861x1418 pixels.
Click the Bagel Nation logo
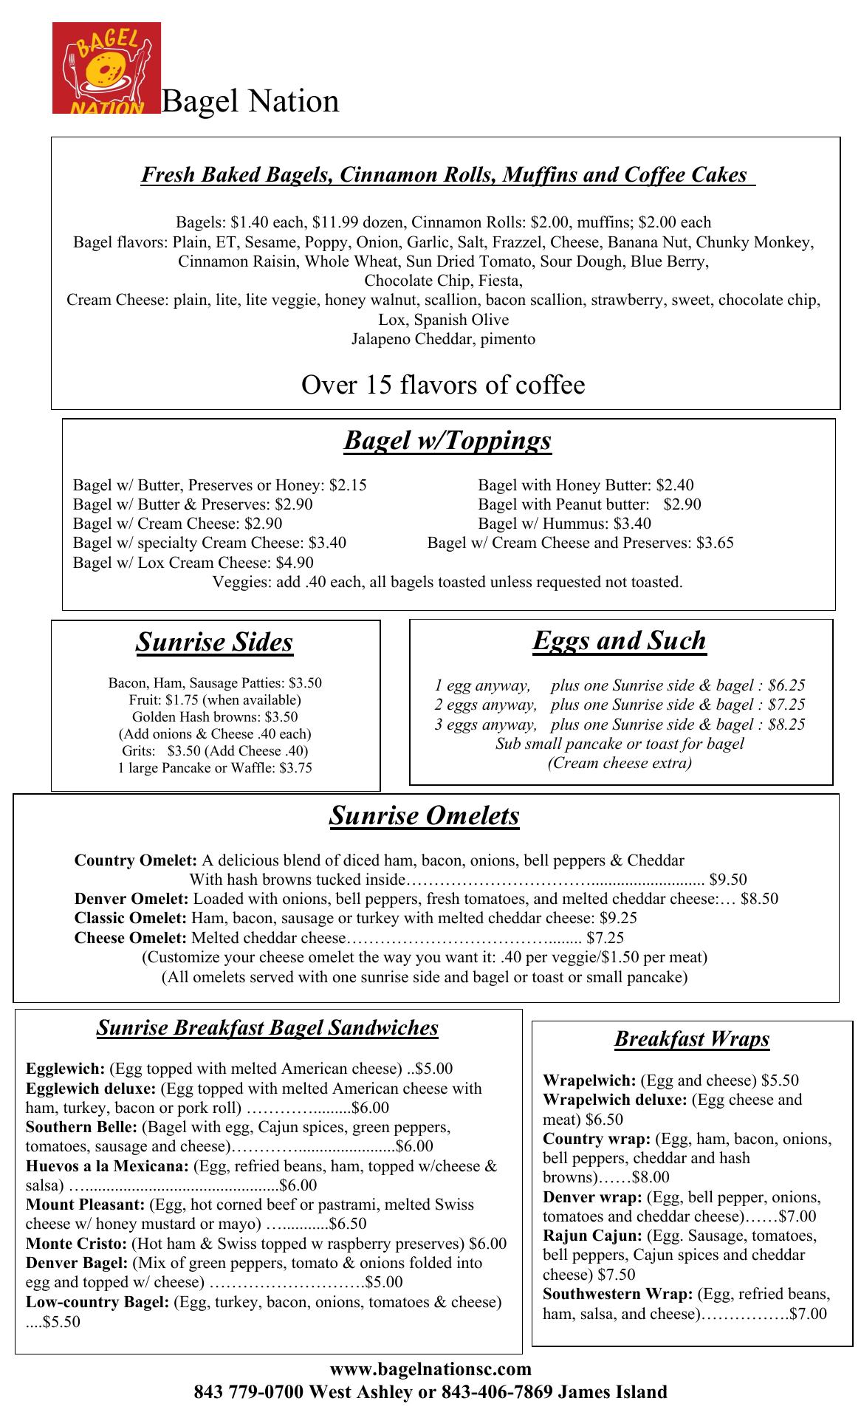(106, 68)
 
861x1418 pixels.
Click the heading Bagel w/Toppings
(447, 440)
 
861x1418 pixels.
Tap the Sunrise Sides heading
(214, 642)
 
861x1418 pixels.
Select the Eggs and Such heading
(620, 640)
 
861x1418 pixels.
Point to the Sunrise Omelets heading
(424, 815)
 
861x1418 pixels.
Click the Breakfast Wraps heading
(692, 1039)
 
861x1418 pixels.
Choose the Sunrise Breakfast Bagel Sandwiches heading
(267, 1027)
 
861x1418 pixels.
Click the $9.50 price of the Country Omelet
(727, 880)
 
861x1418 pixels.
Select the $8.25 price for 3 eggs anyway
(786, 725)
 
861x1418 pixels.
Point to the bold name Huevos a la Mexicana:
(108, 1166)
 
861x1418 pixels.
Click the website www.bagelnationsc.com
(430, 1369)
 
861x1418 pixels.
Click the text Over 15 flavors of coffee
(443, 385)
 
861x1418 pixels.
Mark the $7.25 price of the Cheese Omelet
(605, 938)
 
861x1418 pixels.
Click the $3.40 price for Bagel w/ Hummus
(632, 524)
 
